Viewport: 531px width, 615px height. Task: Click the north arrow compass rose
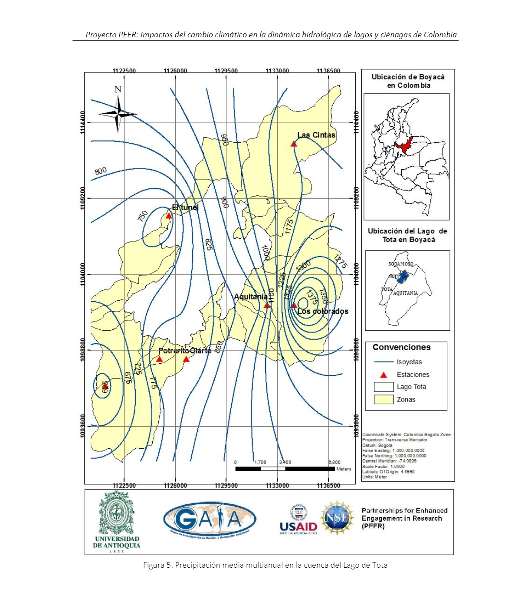pyautogui.click(x=118, y=114)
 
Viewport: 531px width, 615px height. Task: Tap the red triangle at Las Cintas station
pyautogui.click(x=294, y=144)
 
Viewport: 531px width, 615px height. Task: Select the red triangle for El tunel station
pyautogui.click(x=169, y=216)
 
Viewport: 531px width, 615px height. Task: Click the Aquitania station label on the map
pyautogui.click(x=250, y=297)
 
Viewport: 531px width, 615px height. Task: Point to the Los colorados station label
pyautogui.click(x=323, y=311)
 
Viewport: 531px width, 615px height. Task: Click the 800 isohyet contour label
pyautogui.click(x=101, y=171)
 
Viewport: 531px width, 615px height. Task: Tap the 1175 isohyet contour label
pyautogui.click(x=289, y=227)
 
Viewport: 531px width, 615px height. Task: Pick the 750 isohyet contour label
pyautogui.click(x=143, y=216)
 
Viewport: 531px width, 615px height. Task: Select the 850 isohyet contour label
pyautogui.click(x=219, y=346)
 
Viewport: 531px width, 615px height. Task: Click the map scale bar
pyautogui.click(x=285, y=469)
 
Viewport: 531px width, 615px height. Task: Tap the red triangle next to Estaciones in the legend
pyautogui.click(x=383, y=375)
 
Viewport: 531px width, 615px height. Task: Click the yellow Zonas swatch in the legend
pyautogui.click(x=383, y=399)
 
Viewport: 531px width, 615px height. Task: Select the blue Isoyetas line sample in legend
pyautogui.click(x=383, y=362)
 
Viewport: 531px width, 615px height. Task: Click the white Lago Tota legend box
pyautogui.click(x=383, y=387)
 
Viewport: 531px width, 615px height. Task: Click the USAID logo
pyautogui.click(x=298, y=520)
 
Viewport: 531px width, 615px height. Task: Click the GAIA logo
pyautogui.click(x=210, y=519)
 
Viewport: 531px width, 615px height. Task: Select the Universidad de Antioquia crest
pyautogui.click(x=117, y=514)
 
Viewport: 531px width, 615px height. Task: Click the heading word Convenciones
pyautogui.click(x=401, y=347)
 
